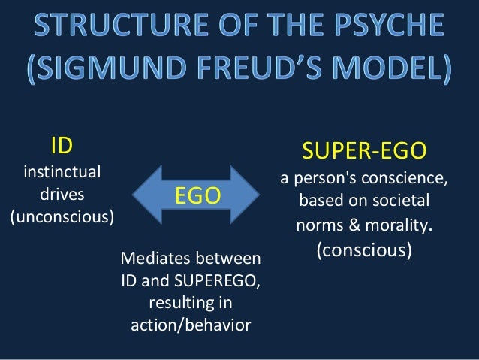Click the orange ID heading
click(62, 144)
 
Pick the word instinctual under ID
click(62, 171)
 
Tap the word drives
click(62, 195)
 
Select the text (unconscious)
click(62, 218)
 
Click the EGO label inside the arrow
click(197, 196)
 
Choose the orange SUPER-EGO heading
click(364, 153)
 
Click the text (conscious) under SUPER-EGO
click(364, 249)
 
